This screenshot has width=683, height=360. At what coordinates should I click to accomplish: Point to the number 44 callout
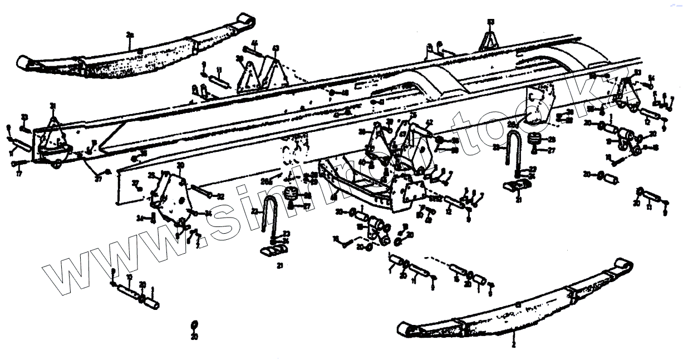pos(254,43)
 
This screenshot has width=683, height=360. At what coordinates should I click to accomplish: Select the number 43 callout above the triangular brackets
pos(274,48)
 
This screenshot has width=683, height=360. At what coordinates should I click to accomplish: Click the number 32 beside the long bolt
pos(220,196)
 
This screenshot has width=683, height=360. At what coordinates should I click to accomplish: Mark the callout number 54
pos(651,77)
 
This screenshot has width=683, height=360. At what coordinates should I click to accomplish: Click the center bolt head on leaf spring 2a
pos(140,51)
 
